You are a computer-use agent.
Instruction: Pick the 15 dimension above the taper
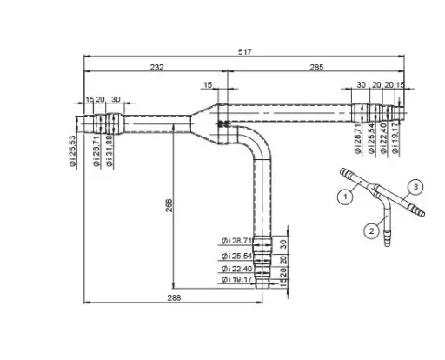click(x=207, y=85)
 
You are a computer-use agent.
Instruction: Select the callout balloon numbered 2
click(x=370, y=230)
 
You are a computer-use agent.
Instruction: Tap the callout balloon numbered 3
click(x=417, y=186)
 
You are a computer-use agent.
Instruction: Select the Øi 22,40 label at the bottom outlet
click(x=236, y=268)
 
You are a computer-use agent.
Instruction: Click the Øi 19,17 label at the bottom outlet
click(x=236, y=280)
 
